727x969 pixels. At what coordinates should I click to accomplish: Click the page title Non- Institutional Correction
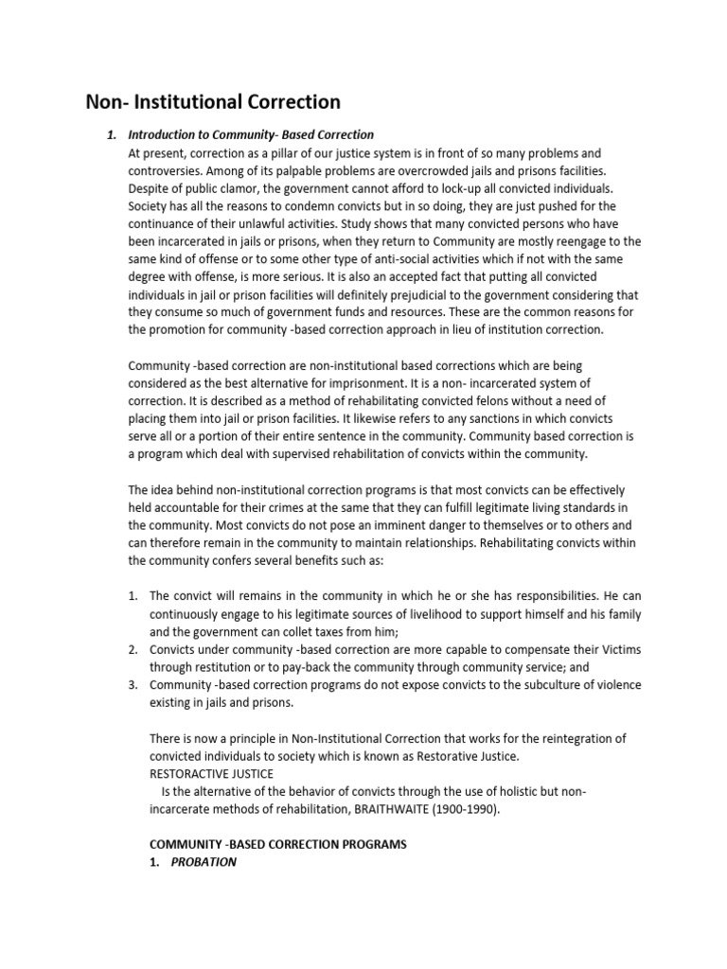pyautogui.click(x=213, y=101)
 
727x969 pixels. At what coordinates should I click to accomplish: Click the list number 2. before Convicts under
pyautogui.click(x=133, y=649)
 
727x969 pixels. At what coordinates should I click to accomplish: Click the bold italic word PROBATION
pyautogui.click(x=204, y=862)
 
